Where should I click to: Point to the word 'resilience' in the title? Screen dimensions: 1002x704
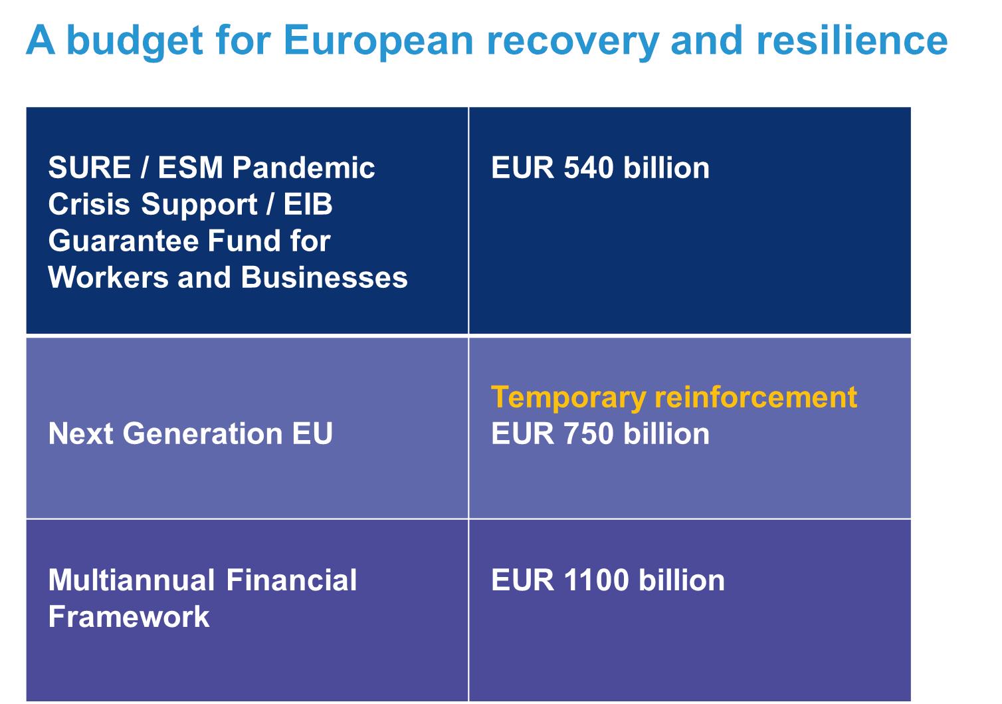852,41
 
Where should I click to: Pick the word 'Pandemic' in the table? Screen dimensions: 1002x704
303,168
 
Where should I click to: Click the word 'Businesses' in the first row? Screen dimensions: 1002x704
324,277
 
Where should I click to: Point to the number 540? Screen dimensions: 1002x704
589,168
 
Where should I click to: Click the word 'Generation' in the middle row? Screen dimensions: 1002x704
203,433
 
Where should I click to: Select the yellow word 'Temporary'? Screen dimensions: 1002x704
569,398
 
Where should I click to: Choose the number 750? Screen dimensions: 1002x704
589,433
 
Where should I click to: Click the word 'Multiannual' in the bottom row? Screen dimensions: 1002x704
132,580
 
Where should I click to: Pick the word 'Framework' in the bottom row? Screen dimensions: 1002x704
129,617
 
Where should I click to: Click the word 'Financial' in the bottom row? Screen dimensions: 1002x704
292,580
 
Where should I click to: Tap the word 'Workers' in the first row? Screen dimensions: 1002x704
108,277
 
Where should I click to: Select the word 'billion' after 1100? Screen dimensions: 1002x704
682,580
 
